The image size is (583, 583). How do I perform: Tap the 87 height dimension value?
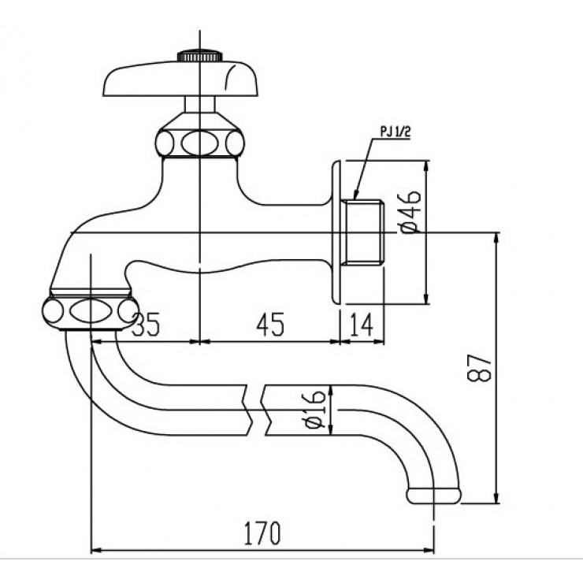click(x=483, y=366)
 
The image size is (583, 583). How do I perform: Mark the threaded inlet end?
click(x=365, y=232)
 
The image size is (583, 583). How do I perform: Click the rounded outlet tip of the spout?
click(x=433, y=496)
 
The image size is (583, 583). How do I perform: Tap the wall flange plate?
click(x=337, y=232)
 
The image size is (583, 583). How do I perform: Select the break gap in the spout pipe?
click(x=260, y=408)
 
